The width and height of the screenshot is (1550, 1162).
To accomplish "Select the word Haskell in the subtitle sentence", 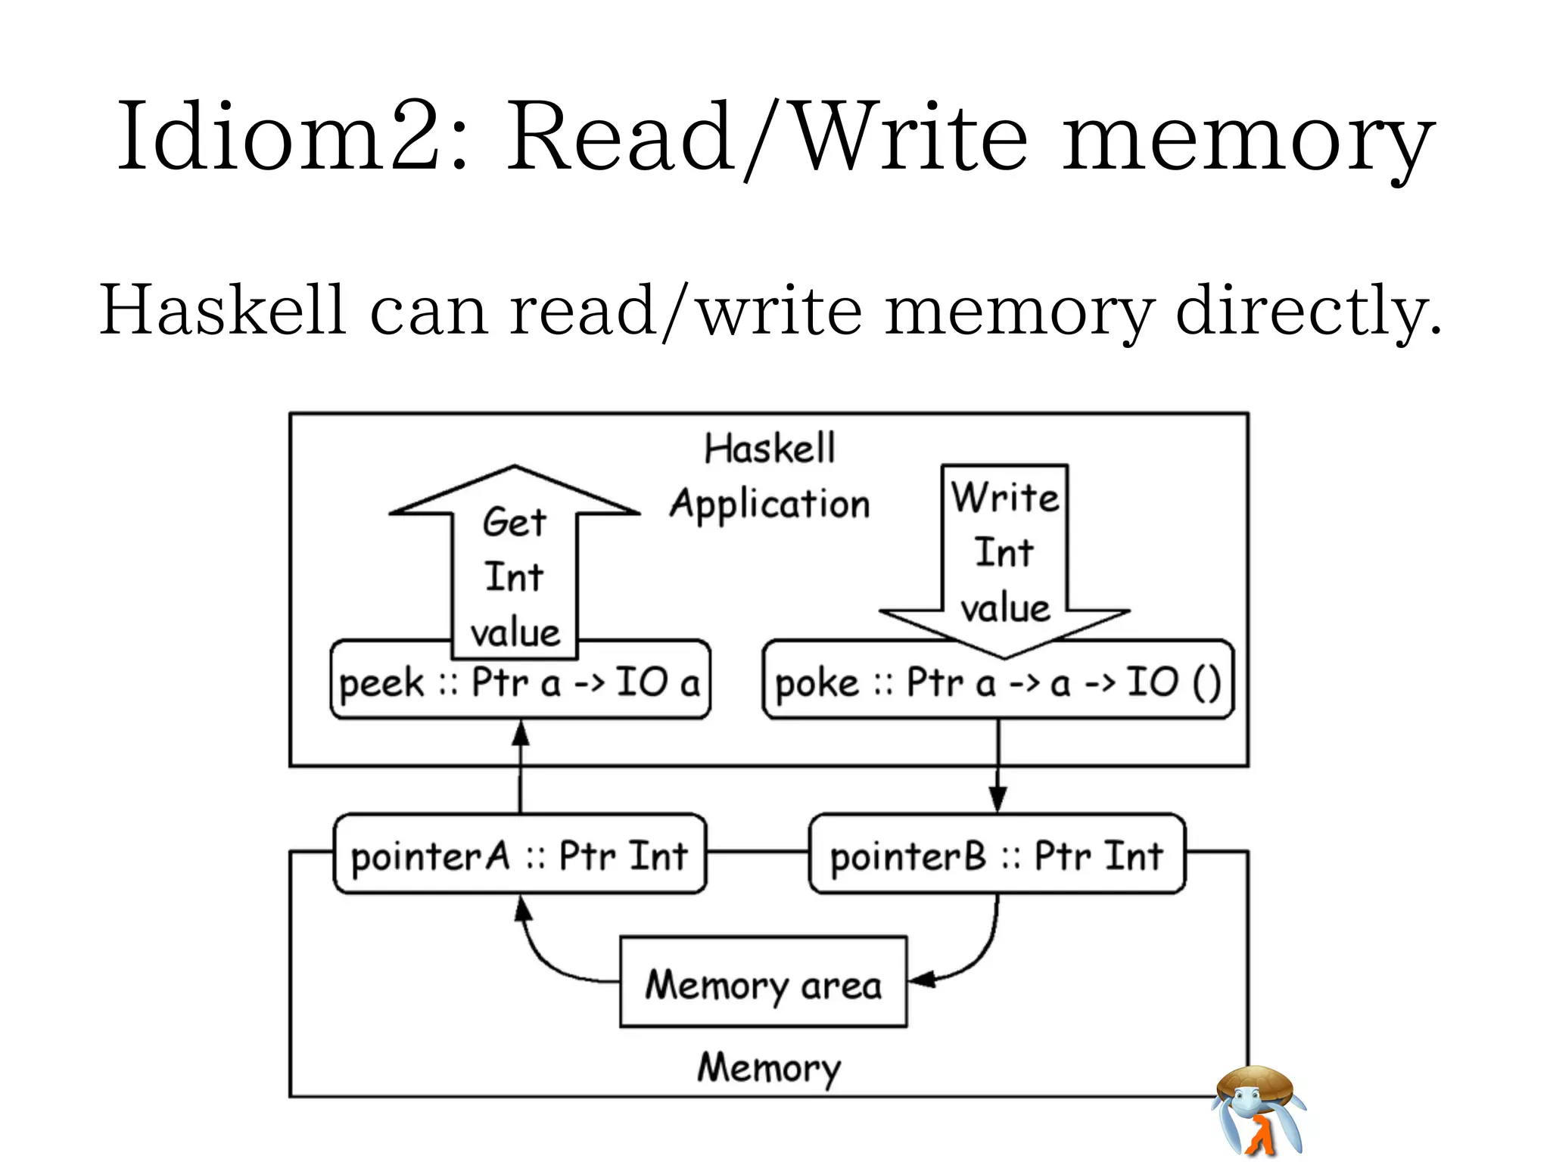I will pyautogui.click(x=223, y=309).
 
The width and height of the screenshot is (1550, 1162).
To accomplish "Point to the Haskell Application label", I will pyautogui.click(x=770, y=477).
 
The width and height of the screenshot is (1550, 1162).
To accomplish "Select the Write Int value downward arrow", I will pyautogui.click(x=1004, y=560).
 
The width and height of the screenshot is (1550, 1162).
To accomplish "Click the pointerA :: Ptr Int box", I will pyautogui.click(x=519, y=856).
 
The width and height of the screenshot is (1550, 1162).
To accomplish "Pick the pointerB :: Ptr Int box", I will pyautogui.click(x=997, y=856).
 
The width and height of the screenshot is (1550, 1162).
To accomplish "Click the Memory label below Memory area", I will pyautogui.click(x=769, y=1067).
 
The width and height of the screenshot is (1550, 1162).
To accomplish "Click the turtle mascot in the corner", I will pyautogui.click(x=1259, y=1108).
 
